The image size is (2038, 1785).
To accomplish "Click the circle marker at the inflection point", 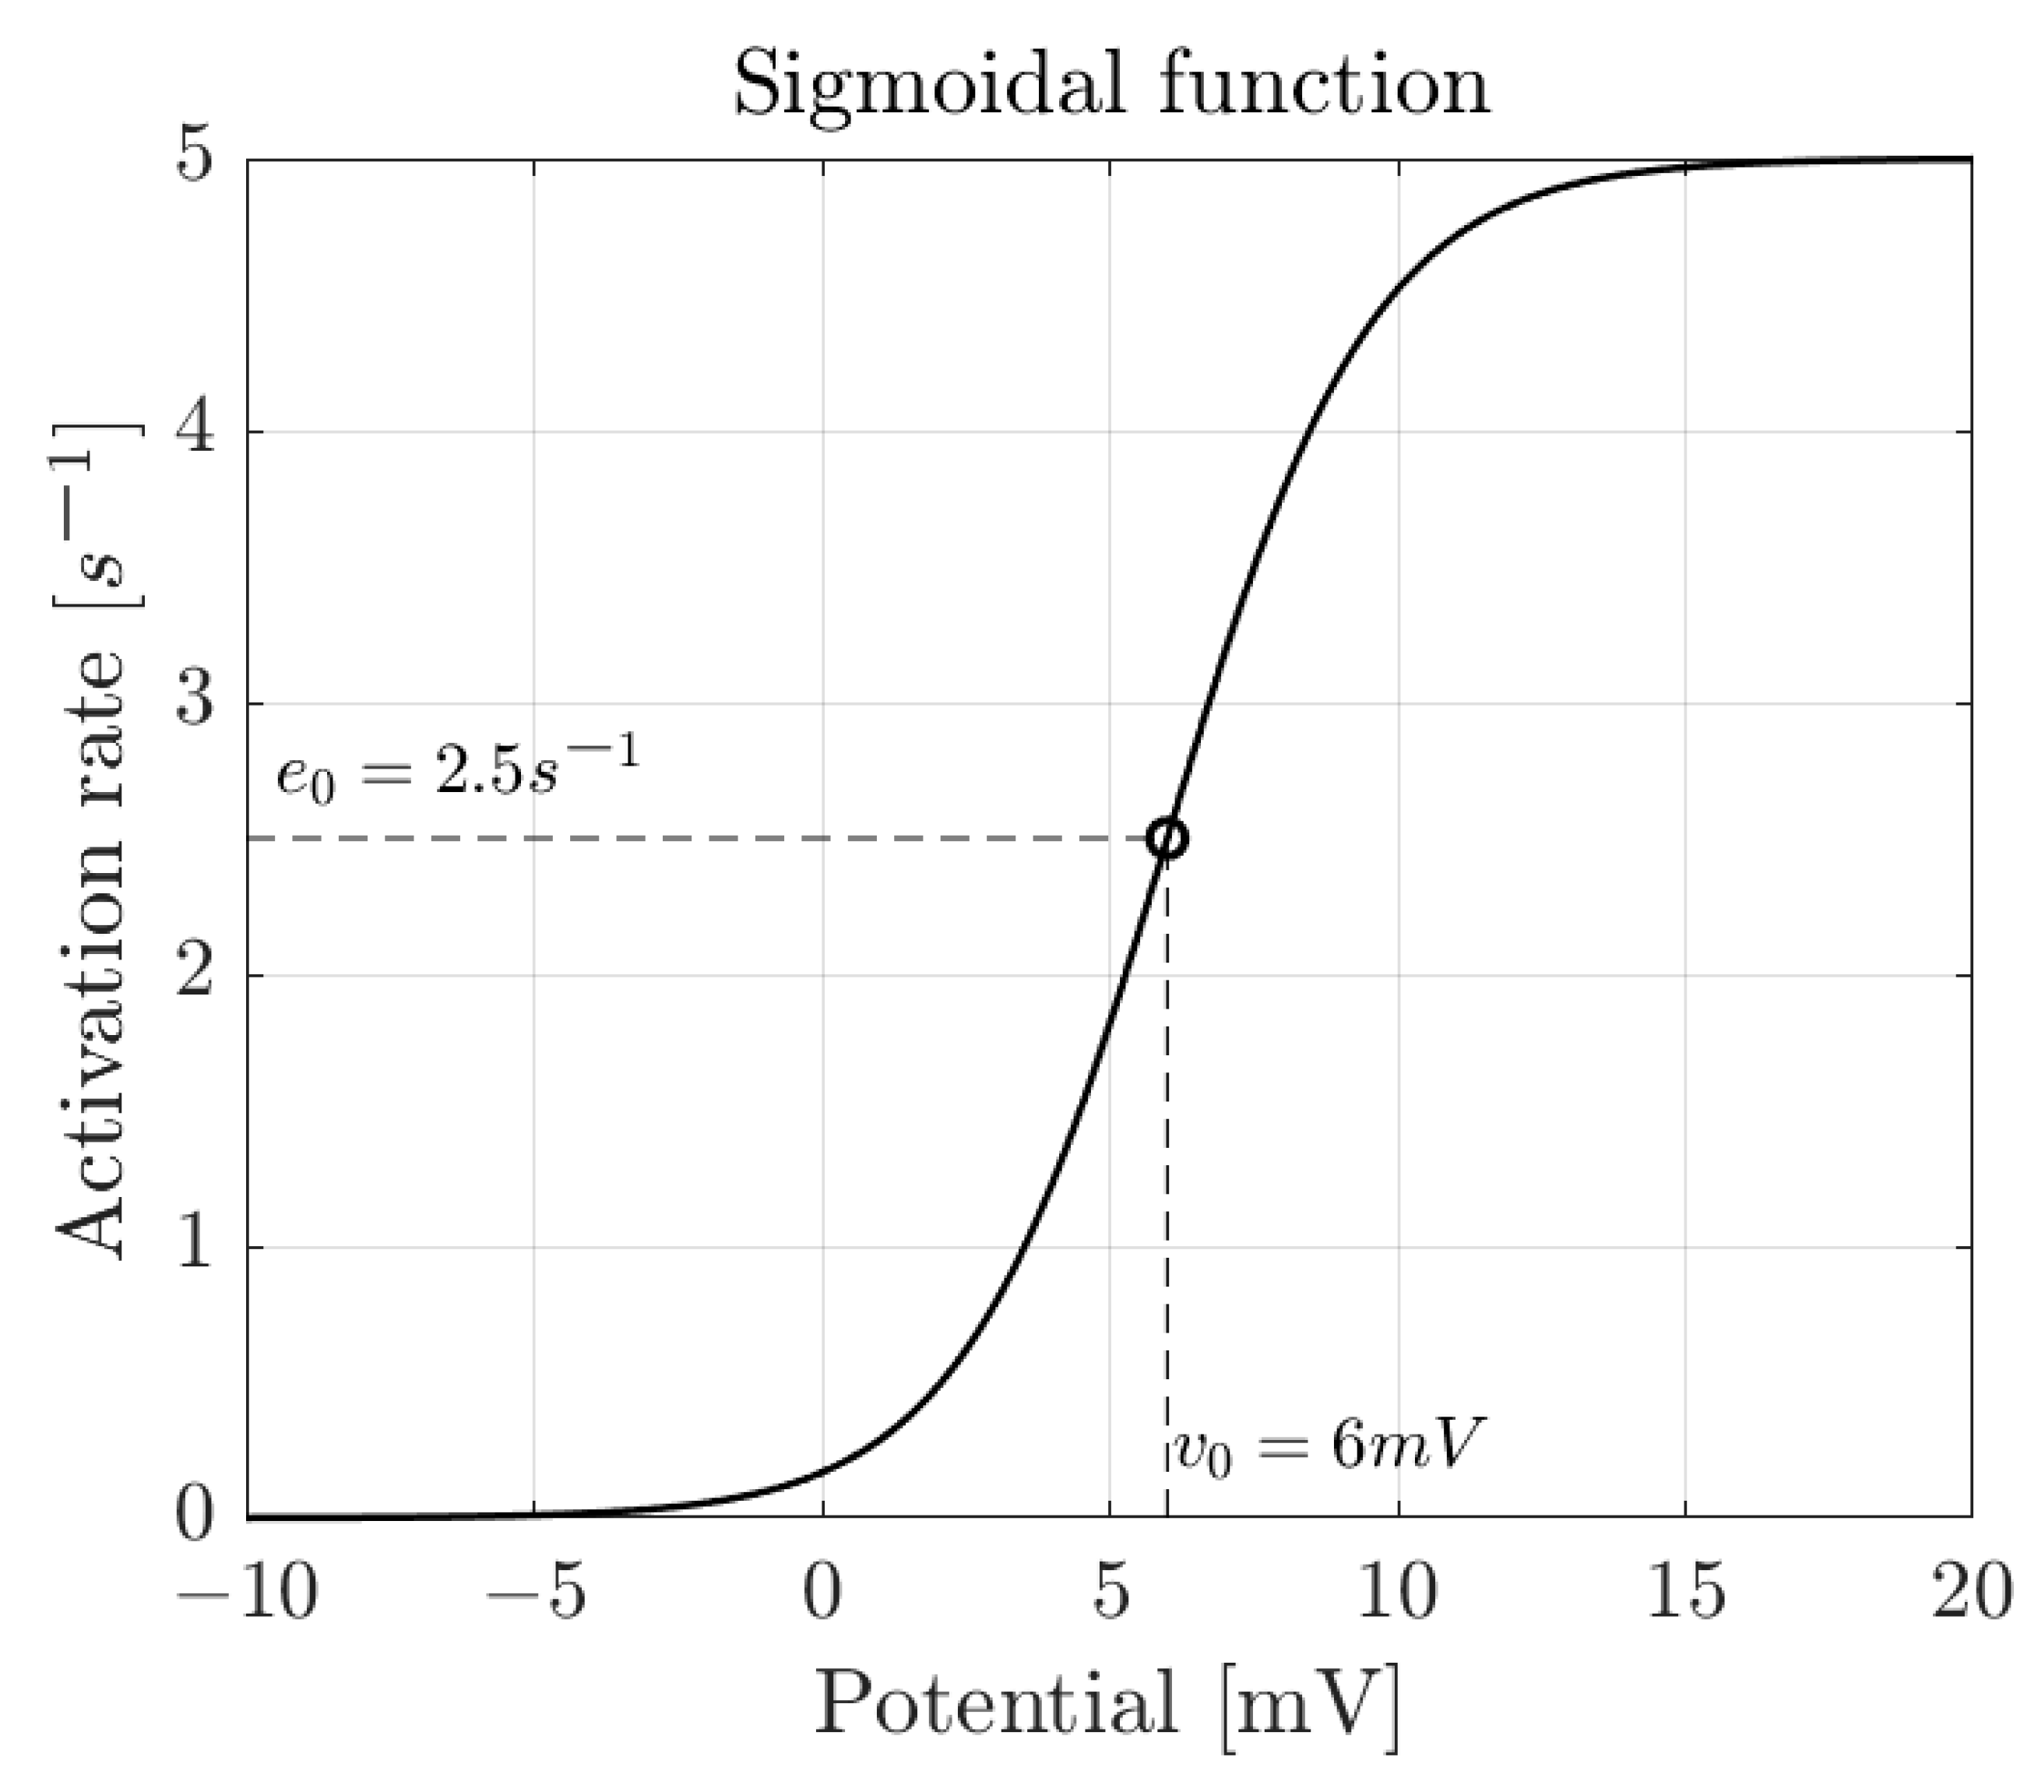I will (1167, 838).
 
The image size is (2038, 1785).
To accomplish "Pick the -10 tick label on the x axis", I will (247, 1592).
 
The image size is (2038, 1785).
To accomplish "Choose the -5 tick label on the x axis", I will (535, 1592).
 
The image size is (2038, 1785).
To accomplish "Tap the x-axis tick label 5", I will (1110, 1592).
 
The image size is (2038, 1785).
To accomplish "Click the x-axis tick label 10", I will (1398, 1592).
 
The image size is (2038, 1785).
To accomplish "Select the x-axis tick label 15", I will (1684, 1592).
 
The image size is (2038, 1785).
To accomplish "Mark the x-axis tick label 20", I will (1973, 1592).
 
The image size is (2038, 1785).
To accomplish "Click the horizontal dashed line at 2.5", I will (697, 839).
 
